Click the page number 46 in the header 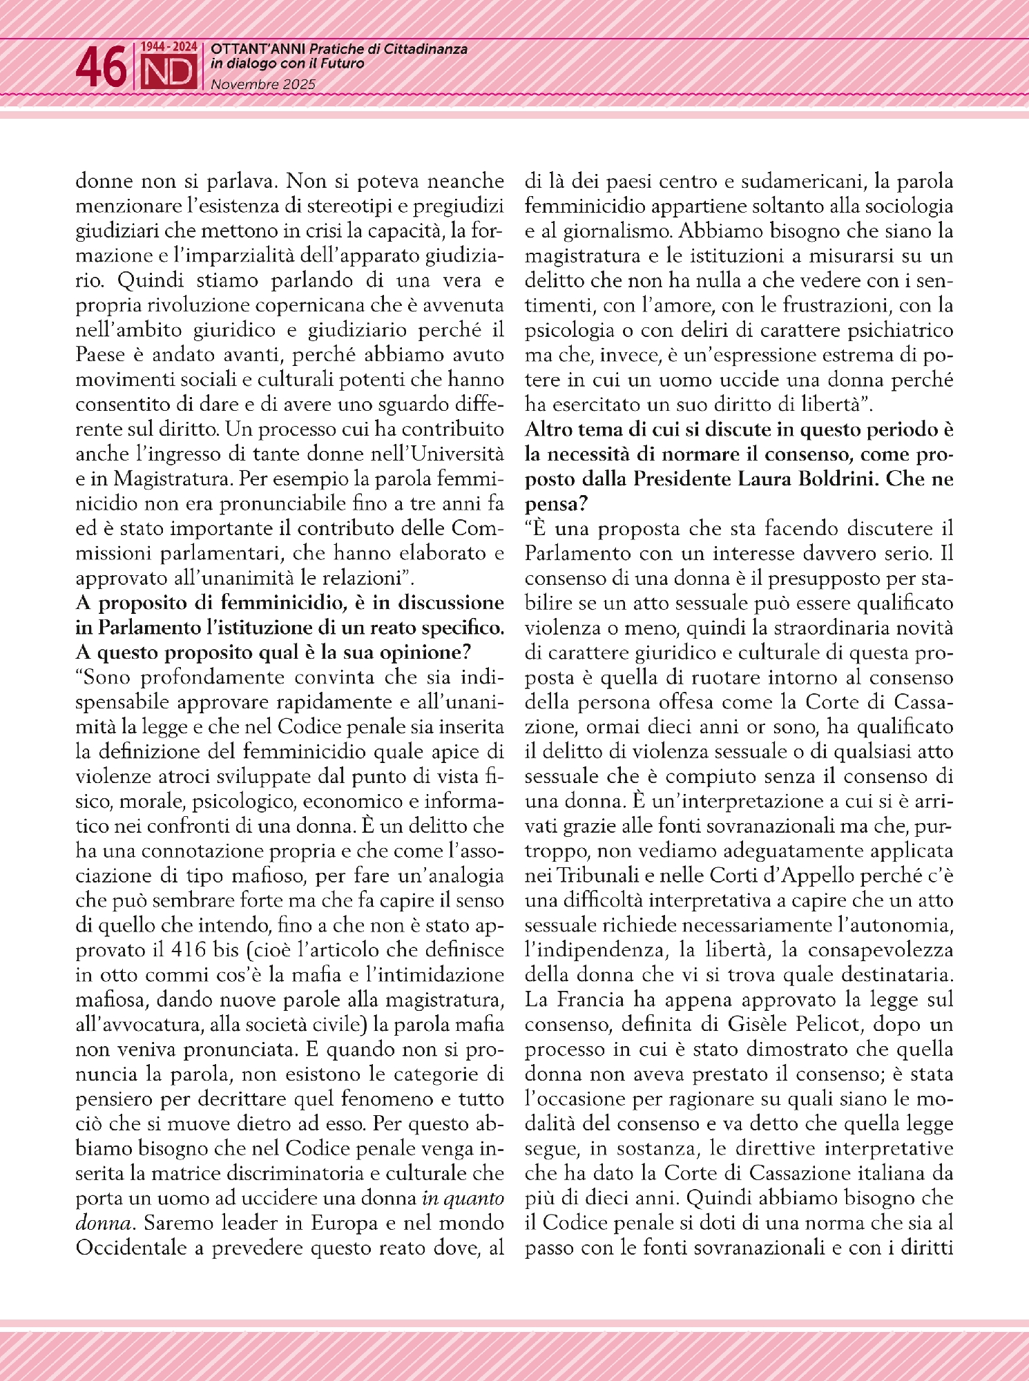pos(101,68)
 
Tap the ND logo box pos(169,73)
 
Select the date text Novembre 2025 pos(262,84)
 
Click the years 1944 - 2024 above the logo pos(169,47)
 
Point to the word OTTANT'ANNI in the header pos(258,49)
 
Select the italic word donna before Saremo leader pos(102,1223)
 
